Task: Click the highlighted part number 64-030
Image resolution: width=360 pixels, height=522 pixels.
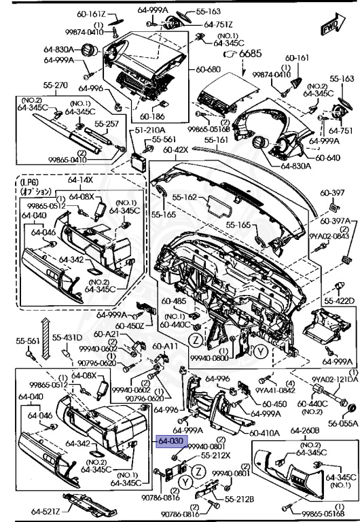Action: [170, 441]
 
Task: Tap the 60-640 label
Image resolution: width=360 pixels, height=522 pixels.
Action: [327, 158]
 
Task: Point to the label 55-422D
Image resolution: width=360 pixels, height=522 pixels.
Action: [339, 300]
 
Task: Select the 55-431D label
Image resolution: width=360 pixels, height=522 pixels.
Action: [68, 338]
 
